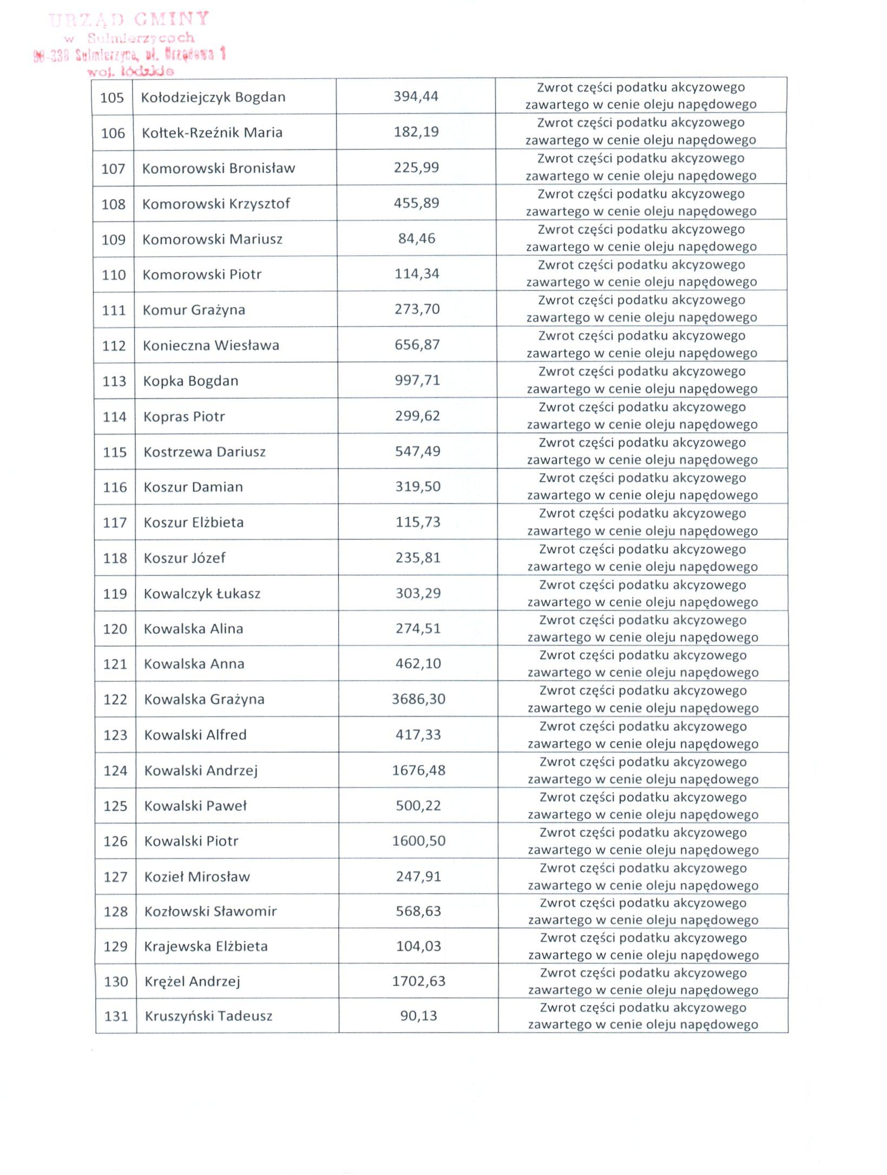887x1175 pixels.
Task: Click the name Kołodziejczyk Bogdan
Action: [213, 97]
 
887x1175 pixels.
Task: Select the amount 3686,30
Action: [418, 699]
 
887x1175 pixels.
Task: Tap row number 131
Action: [116, 1016]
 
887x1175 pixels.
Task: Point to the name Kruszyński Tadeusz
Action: [208, 1016]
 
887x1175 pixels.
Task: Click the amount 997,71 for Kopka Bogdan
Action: [417, 380]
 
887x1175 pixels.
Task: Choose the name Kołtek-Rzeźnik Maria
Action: [212, 133]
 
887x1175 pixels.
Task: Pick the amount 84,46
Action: [417, 239]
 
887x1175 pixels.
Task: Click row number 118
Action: [115, 558]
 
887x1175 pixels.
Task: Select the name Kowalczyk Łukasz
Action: [202, 594]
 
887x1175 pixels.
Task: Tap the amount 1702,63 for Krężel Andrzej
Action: [419, 981]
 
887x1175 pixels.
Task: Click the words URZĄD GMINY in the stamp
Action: [129, 20]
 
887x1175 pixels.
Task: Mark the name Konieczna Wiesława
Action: [211, 345]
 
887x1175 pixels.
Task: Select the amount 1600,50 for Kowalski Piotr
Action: [419, 841]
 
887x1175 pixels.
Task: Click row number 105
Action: [112, 98]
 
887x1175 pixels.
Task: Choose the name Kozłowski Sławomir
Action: [211, 911]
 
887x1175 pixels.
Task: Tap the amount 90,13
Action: [418, 1015]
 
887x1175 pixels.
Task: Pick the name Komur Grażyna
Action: [194, 310]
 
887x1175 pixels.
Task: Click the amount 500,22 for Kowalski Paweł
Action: [418, 805]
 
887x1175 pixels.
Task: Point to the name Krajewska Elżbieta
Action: [206, 946]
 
